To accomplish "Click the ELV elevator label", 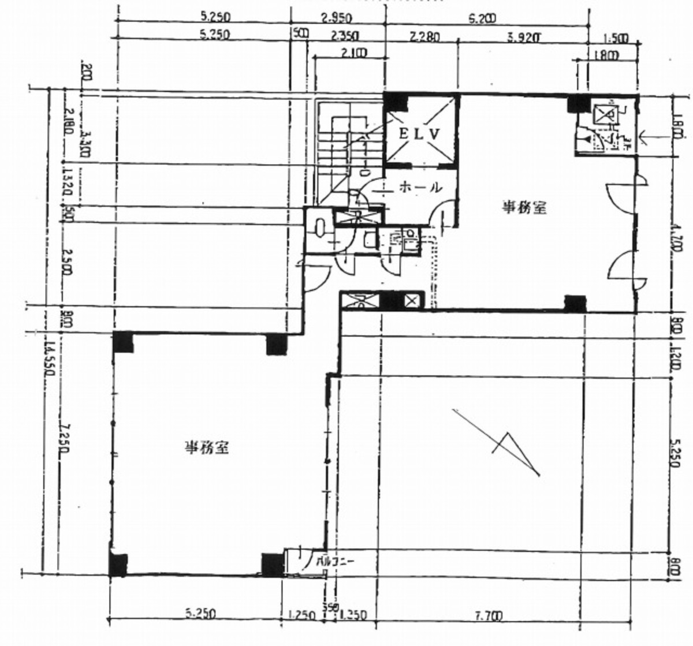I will [x=421, y=133].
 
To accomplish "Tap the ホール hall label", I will [x=420, y=187].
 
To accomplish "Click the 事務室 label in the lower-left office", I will [x=207, y=447].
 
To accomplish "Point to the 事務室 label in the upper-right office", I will [x=524, y=208].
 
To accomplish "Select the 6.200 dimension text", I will [x=483, y=18].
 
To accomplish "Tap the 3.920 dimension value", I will [x=524, y=38].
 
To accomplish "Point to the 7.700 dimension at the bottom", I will [x=488, y=615].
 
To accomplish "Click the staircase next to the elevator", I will [x=341, y=147].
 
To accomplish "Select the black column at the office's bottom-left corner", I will [x=118, y=565].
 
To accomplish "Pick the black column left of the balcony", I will [x=272, y=565].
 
